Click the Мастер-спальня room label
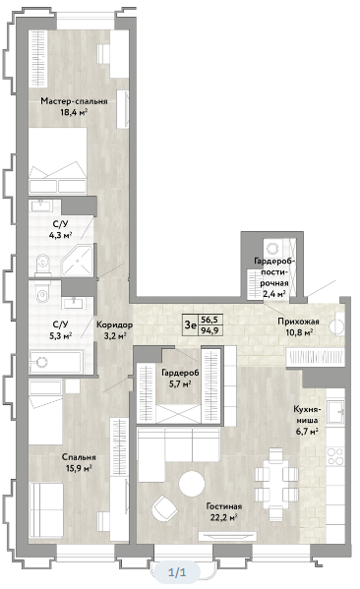pyautogui.click(x=74, y=101)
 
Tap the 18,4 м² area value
pyautogui.click(x=74, y=112)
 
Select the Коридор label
pyautogui.click(x=115, y=324)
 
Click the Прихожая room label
pyautogui.click(x=298, y=322)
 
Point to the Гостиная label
pyautogui.click(x=224, y=506)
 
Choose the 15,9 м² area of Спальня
pyautogui.click(x=78, y=468)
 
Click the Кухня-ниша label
pyautogui.click(x=306, y=415)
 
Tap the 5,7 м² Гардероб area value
pyautogui.click(x=180, y=383)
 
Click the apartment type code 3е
pyautogui.click(x=191, y=324)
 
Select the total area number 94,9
pyautogui.click(x=210, y=330)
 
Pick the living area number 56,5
pyautogui.click(x=210, y=320)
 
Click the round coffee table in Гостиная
pyautogui.click(x=192, y=484)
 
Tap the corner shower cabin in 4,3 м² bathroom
pyautogui.click(x=78, y=261)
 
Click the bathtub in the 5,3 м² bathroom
pyautogui.click(x=56, y=362)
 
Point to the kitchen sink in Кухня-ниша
pyautogui.click(x=335, y=412)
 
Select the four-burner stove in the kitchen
pyautogui.click(x=335, y=456)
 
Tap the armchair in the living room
pyautogui.click(x=164, y=507)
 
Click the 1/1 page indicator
pyautogui.click(x=177, y=572)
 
